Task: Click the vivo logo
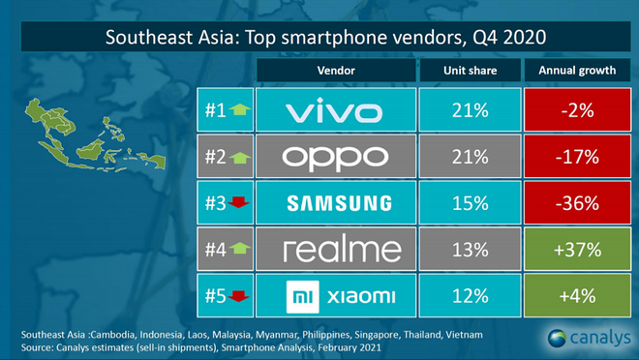click(335, 112)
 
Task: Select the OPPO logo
click(335, 157)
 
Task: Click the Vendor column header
click(335, 71)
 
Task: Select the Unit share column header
click(469, 71)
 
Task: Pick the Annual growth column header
click(571, 71)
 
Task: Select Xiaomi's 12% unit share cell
click(469, 294)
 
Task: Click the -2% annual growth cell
click(571, 112)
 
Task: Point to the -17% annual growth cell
click(571, 157)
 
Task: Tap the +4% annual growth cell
click(571, 294)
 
